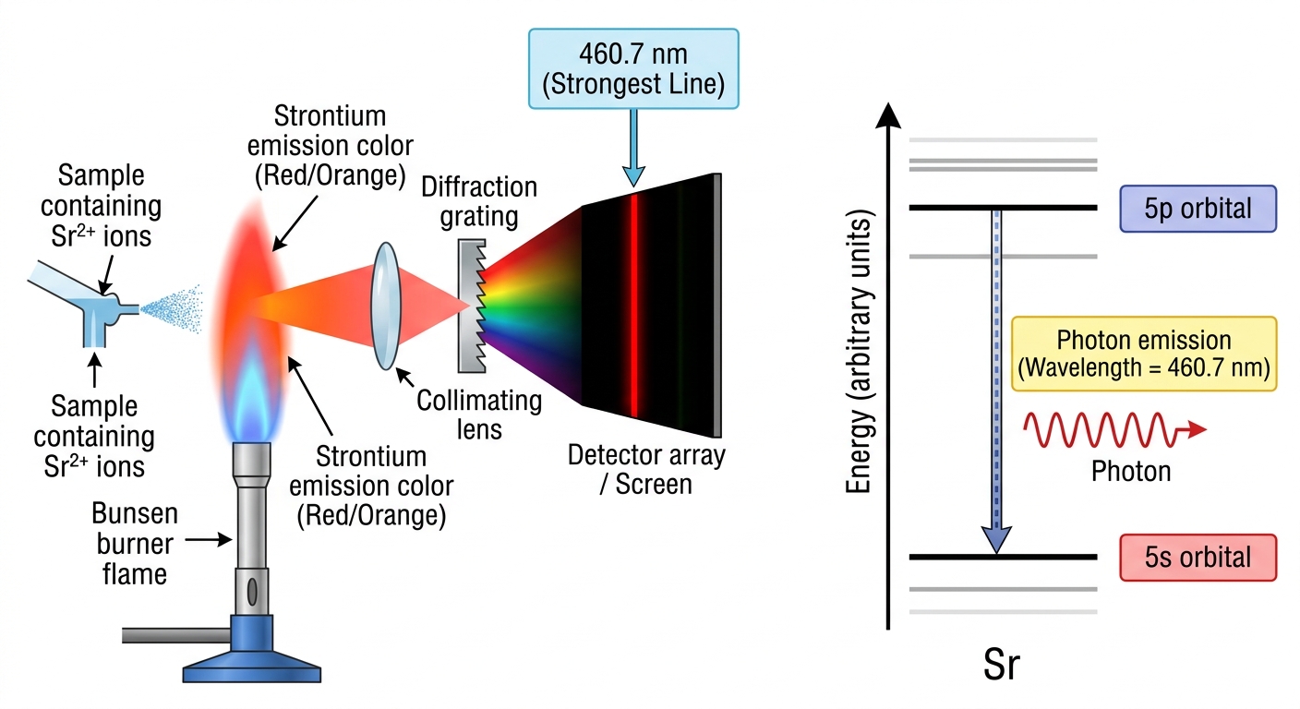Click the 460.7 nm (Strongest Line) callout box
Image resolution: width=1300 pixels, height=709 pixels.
(x=633, y=68)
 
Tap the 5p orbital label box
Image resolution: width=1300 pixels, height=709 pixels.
(x=1198, y=209)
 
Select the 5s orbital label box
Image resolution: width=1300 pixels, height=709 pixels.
(x=1198, y=558)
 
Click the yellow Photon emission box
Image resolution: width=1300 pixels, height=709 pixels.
(x=1144, y=354)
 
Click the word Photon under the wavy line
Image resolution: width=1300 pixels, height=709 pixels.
(x=1131, y=471)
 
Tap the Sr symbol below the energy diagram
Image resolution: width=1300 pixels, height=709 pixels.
(x=1002, y=665)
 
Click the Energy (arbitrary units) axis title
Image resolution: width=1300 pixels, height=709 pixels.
(x=859, y=352)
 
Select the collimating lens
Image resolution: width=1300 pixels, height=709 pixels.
(x=386, y=306)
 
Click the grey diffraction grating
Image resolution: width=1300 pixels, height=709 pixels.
(x=472, y=306)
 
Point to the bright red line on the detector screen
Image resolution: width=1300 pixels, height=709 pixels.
(x=634, y=306)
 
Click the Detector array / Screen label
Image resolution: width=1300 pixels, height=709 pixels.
(x=646, y=469)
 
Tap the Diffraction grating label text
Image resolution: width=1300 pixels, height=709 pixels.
(x=479, y=201)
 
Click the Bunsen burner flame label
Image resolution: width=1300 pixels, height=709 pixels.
(x=135, y=544)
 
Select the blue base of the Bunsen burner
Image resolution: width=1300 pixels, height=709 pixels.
(x=252, y=649)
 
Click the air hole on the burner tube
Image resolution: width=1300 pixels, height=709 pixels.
(x=252, y=591)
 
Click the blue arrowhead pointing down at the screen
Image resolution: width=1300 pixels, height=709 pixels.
(x=633, y=176)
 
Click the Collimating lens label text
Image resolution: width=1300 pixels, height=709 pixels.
(x=479, y=415)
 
